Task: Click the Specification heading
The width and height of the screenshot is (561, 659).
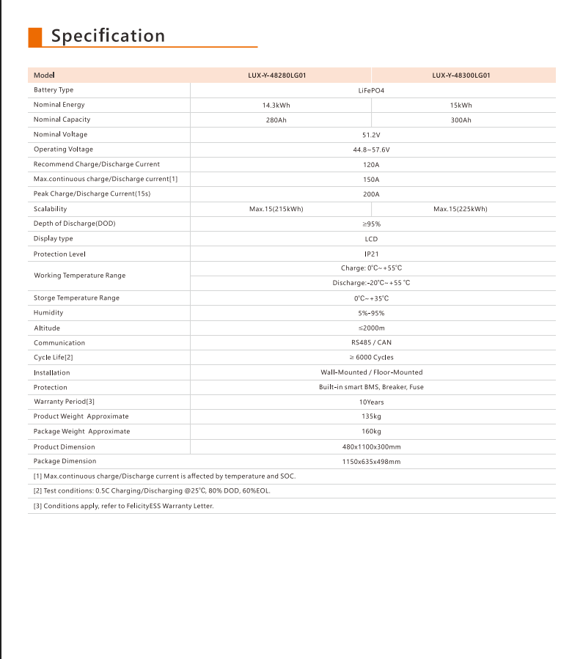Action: click(x=108, y=36)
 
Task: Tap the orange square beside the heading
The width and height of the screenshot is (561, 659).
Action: click(x=34, y=37)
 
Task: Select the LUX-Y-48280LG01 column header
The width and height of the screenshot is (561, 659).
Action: click(x=276, y=75)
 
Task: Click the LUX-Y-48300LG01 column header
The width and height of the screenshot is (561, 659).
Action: click(x=461, y=75)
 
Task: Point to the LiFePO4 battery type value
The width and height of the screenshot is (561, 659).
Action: click(x=371, y=90)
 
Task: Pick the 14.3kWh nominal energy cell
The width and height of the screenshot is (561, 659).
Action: click(x=276, y=105)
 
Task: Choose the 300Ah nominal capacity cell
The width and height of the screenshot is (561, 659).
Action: click(x=461, y=119)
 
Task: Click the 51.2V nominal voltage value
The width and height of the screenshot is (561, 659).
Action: click(x=371, y=135)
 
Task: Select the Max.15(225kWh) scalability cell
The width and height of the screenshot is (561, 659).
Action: click(x=461, y=209)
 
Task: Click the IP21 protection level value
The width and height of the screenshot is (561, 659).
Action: click(x=371, y=254)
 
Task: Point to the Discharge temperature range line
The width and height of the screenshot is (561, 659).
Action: click(x=371, y=283)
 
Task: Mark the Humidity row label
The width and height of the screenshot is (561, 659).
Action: click(x=48, y=313)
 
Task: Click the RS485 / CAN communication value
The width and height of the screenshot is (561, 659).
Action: click(x=371, y=342)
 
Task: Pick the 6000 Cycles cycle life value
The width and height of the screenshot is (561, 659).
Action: click(x=371, y=358)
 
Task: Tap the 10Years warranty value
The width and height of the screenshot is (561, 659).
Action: click(x=371, y=402)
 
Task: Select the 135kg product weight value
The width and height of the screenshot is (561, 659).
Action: click(x=371, y=417)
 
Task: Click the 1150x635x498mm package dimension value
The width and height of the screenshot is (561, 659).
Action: click(x=371, y=462)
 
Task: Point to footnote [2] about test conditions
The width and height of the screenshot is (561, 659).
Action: click(x=152, y=491)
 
